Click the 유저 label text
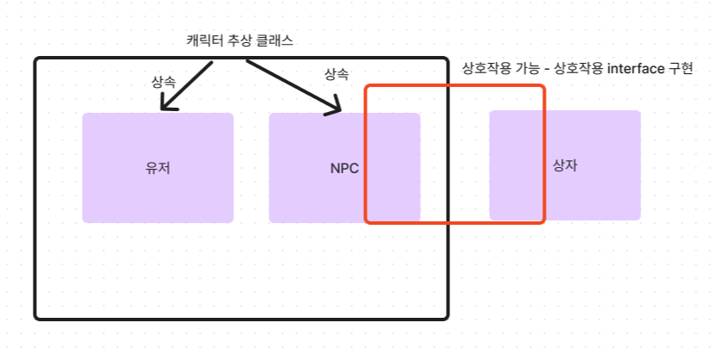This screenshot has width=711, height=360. (158, 168)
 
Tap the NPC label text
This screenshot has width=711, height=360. (344, 168)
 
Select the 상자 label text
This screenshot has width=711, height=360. (565, 164)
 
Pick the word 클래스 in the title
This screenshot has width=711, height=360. (280, 40)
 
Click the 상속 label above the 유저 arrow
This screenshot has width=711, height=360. (163, 82)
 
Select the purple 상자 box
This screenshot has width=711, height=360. (603, 194)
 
